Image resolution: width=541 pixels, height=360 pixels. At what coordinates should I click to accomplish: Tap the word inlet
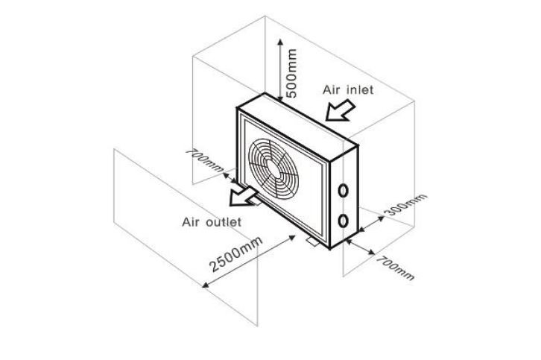point(358,89)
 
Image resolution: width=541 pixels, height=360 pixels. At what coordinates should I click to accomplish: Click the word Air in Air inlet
point(332,89)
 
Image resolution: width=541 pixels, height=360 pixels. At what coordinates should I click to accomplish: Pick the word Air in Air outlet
point(193,222)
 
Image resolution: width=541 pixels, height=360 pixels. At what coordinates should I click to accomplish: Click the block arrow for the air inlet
point(340,110)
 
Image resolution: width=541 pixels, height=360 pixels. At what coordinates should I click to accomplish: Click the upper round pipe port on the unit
point(343,190)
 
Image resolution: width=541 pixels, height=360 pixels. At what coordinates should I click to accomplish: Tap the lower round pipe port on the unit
point(343,221)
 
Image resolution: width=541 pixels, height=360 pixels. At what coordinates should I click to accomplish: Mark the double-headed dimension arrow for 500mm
point(279,67)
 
